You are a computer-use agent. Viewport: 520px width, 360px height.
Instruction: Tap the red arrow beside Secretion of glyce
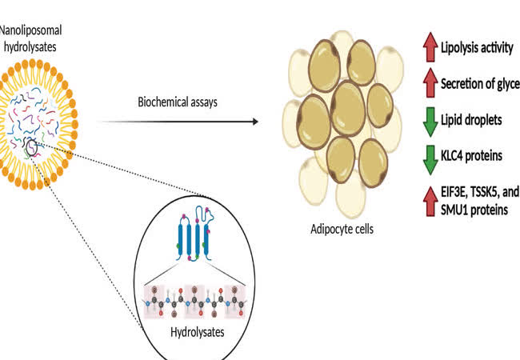(427, 82)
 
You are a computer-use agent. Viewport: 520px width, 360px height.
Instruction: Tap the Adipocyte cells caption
(342, 229)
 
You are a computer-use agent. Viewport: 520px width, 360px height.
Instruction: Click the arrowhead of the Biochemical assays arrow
(257, 122)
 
